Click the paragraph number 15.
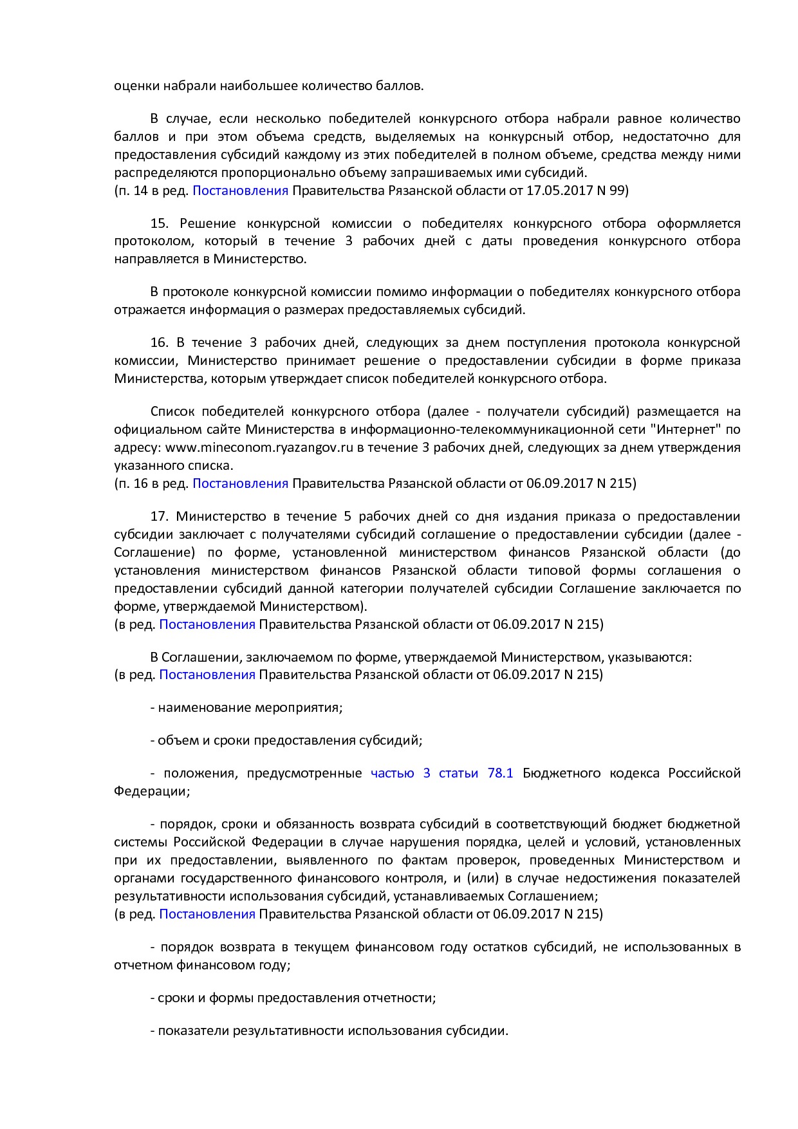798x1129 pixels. (159, 223)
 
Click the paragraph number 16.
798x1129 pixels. (159, 342)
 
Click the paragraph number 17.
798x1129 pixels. (159, 516)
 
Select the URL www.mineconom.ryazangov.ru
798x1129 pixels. (259, 447)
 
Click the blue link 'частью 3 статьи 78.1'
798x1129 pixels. (441, 773)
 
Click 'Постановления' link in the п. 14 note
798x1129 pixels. (240, 191)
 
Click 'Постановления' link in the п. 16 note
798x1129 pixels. (240, 483)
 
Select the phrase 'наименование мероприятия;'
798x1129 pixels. (250, 707)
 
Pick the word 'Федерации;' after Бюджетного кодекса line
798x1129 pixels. (152, 791)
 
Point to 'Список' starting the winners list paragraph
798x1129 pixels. (172, 411)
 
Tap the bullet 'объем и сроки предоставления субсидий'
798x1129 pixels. (290, 740)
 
